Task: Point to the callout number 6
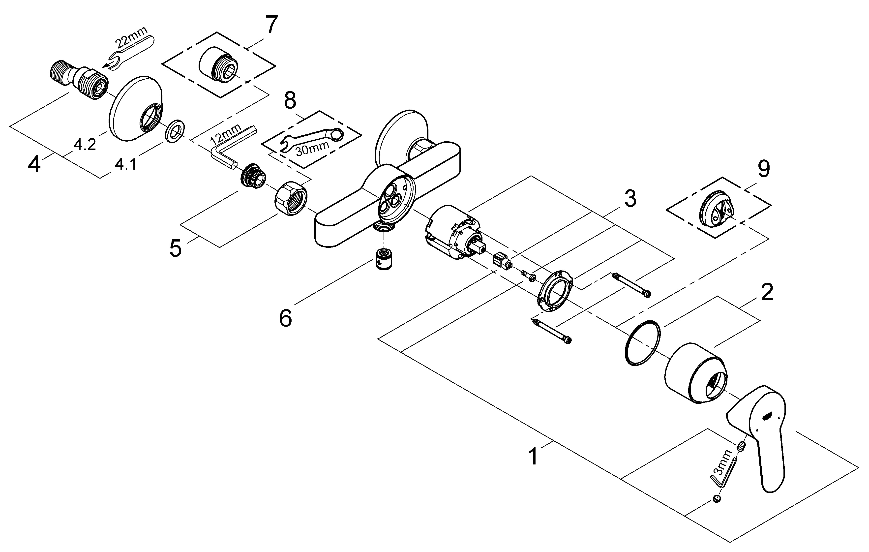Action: (285, 318)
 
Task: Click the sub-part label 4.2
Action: (85, 145)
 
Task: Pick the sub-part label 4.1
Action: (126, 165)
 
